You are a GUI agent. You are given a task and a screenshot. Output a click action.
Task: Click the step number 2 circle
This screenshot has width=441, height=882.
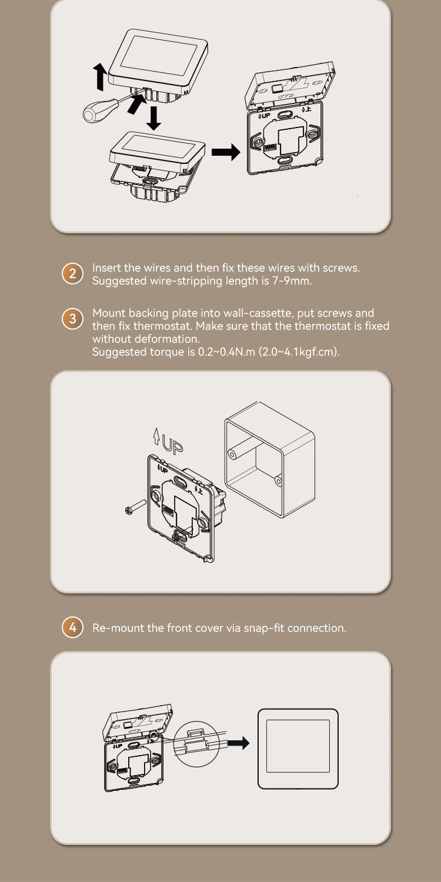[x=72, y=274]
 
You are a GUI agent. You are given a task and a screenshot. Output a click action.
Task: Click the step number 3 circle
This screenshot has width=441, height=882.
[x=72, y=319]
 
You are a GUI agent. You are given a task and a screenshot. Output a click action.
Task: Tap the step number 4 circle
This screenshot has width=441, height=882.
[x=72, y=627]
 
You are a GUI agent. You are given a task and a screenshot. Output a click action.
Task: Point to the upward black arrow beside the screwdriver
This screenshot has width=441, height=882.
[x=101, y=78]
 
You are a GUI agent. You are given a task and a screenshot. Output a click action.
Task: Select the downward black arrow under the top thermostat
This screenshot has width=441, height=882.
[x=153, y=118]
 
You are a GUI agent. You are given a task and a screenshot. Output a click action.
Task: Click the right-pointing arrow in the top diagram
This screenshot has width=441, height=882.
[x=226, y=152]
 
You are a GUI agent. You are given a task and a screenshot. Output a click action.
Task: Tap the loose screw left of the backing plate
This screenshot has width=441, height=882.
[x=135, y=507]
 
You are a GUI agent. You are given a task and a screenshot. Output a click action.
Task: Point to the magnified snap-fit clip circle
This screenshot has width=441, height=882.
[x=196, y=743]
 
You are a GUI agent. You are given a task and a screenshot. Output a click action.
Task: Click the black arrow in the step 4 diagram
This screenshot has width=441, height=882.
[x=238, y=743]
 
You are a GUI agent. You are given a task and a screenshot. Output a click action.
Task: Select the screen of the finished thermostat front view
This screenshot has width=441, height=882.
[x=298, y=746]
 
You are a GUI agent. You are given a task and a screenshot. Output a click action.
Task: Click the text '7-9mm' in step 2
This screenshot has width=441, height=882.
[x=292, y=281]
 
